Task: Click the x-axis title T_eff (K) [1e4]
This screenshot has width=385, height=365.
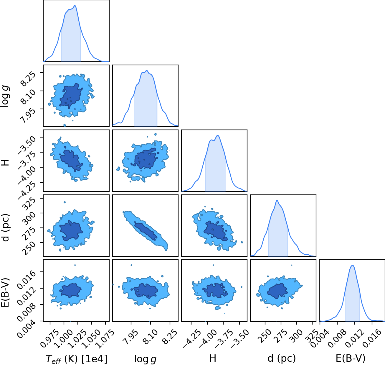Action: (x=77, y=359)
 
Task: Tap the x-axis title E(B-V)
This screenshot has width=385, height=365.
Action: (x=351, y=358)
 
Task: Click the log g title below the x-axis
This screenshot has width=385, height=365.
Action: (x=145, y=359)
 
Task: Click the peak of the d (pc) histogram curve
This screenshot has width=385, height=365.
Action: (x=277, y=200)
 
